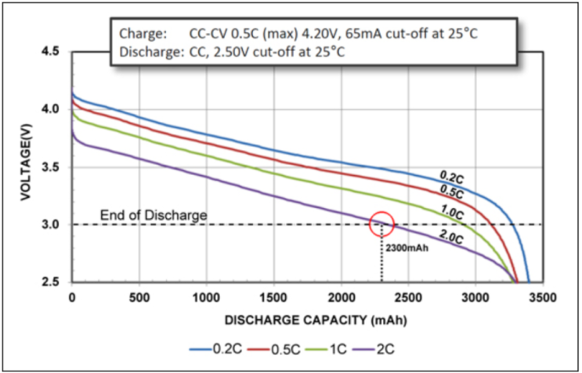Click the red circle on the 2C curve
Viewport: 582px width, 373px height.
(x=381, y=213)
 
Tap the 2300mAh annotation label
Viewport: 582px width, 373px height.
(x=407, y=248)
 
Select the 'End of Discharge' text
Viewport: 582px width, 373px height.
(x=154, y=215)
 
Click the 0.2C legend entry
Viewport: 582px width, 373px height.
(x=215, y=349)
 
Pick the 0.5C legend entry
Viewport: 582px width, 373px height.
(x=273, y=349)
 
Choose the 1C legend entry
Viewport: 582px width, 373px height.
(x=326, y=349)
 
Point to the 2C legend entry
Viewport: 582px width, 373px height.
(x=374, y=349)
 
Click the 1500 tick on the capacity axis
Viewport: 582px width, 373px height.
(x=274, y=297)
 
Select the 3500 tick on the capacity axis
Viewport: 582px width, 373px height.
(x=543, y=297)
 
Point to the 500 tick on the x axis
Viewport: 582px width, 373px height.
(x=139, y=297)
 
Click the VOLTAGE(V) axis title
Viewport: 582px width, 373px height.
(x=26, y=163)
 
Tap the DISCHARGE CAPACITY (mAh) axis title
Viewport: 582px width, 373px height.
(x=316, y=321)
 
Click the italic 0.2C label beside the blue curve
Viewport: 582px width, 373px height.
(x=452, y=177)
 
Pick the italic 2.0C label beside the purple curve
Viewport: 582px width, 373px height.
(x=451, y=237)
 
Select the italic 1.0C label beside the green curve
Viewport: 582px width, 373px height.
(x=452, y=212)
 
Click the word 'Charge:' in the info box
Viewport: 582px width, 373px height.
(x=143, y=34)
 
